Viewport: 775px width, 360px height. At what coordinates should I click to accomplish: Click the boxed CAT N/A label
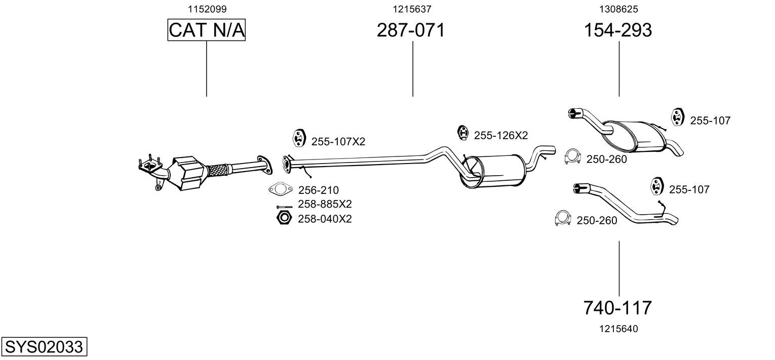[x=207, y=30]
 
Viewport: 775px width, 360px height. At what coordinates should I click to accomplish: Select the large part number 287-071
[x=411, y=30]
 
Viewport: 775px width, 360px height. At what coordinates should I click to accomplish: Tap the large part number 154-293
[x=618, y=30]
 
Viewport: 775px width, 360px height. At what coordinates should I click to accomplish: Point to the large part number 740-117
[x=617, y=307]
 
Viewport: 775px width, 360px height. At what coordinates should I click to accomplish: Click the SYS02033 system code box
[x=44, y=346]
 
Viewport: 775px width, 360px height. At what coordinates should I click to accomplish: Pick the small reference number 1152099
[x=207, y=9]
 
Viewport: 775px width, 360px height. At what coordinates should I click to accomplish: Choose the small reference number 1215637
[x=412, y=9]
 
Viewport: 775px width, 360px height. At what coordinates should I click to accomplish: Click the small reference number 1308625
[x=618, y=9]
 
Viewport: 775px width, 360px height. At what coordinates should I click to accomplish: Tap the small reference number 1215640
[x=618, y=329]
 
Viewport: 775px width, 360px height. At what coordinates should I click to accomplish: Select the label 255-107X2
[x=338, y=141]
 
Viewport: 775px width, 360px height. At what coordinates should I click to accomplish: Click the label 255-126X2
[x=500, y=135]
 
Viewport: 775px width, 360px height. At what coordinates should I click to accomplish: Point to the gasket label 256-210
[x=318, y=190]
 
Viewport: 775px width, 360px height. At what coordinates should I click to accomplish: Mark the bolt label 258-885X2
[x=325, y=204]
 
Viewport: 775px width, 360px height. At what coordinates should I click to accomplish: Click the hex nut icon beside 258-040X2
[x=284, y=218]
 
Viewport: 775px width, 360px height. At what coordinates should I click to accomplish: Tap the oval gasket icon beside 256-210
[x=280, y=189]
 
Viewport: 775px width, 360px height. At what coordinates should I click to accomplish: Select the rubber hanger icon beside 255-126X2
[x=462, y=133]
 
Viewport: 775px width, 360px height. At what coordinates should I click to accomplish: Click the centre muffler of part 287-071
[x=493, y=171]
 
